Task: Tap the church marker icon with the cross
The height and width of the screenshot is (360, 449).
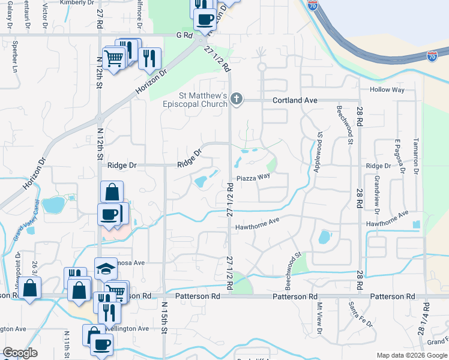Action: click(237, 100)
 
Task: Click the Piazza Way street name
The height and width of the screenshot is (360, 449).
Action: click(253, 177)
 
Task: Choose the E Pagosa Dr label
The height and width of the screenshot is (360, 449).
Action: click(397, 155)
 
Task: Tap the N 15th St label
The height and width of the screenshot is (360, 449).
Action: click(164, 328)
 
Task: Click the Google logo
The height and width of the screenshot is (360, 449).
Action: click(20, 353)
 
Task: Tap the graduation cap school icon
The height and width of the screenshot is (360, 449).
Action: click(106, 268)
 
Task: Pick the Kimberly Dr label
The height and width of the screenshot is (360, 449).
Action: click(74, 2)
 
